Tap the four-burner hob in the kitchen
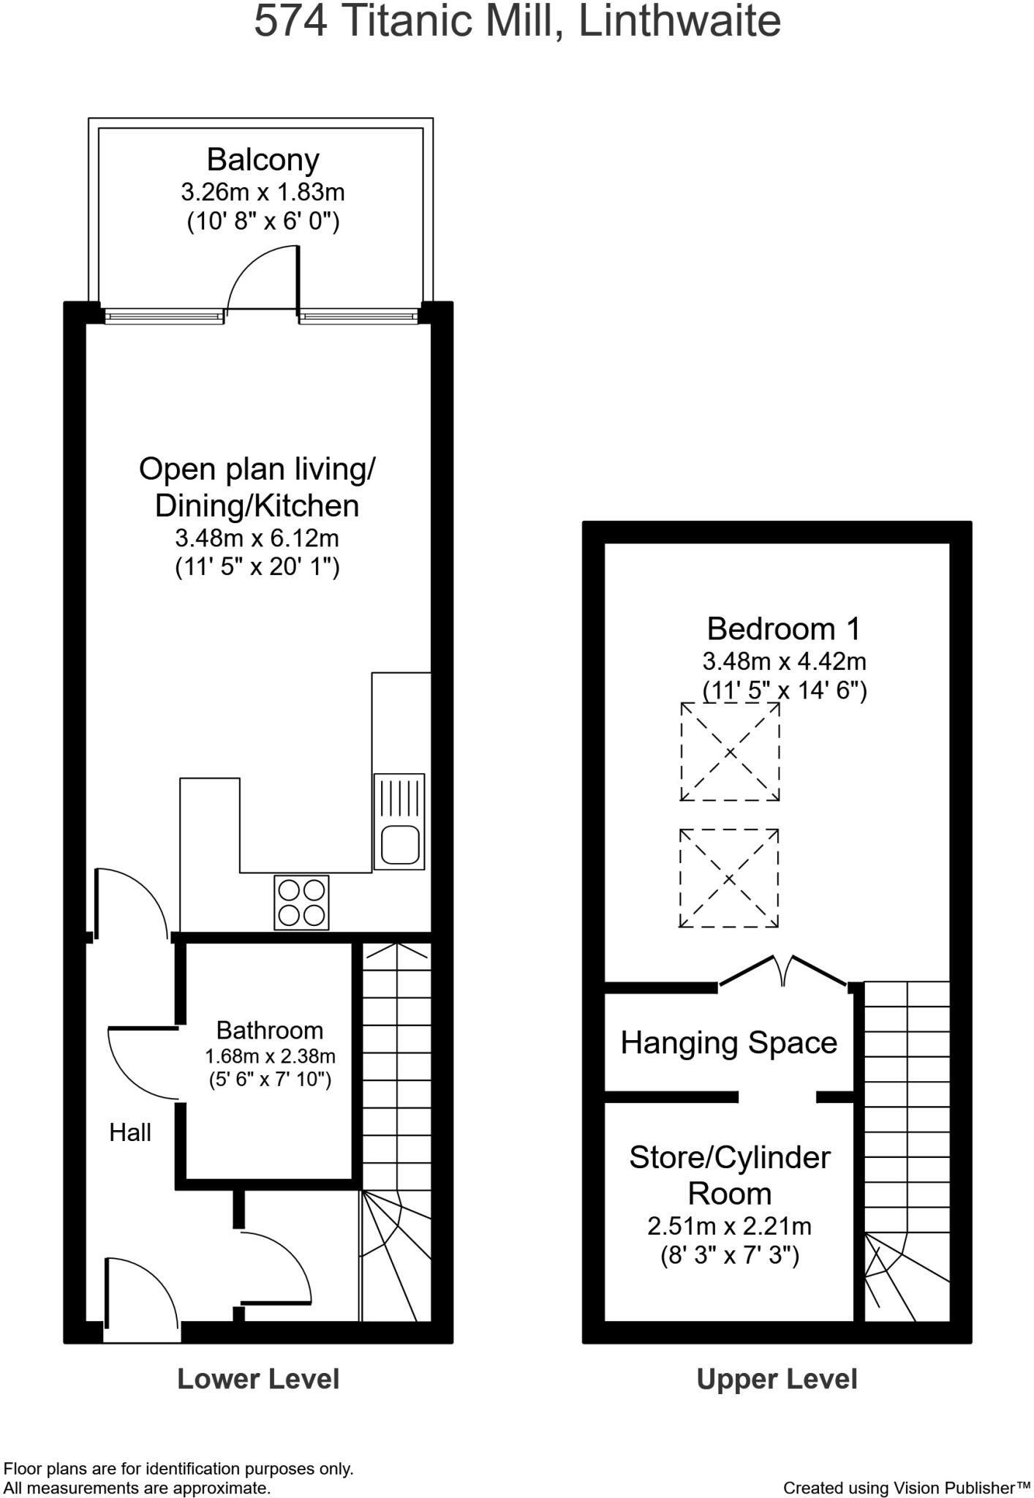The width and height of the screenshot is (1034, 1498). (x=301, y=903)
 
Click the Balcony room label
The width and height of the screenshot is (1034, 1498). (x=263, y=159)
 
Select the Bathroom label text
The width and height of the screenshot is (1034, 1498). (x=270, y=1031)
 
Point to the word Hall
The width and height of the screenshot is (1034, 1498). (x=130, y=1132)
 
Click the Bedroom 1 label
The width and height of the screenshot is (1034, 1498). (x=784, y=628)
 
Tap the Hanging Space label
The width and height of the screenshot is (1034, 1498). (x=729, y=1042)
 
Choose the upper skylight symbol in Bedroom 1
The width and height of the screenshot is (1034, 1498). (x=730, y=751)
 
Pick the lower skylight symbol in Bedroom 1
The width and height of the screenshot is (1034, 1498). (x=729, y=878)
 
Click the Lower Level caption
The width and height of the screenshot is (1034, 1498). (x=258, y=1380)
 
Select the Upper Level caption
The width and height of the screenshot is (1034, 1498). (x=777, y=1380)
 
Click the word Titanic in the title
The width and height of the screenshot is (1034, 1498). (x=410, y=21)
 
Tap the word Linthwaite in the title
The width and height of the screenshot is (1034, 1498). (x=679, y=21)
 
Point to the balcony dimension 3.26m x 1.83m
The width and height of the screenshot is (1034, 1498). (x=263, y=192)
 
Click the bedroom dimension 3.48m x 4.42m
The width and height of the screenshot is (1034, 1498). (x=784, y=661)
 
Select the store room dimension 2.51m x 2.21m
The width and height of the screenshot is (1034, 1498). (x=729, y=1226)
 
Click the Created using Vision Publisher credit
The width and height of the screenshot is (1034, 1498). (x=906, y=1488)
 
